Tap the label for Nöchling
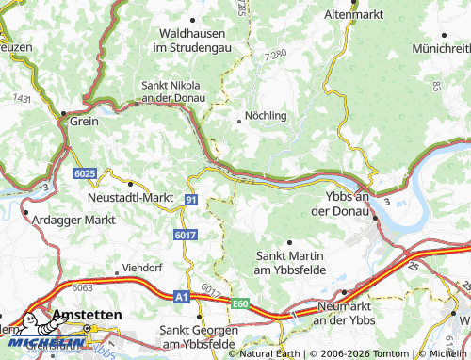265,116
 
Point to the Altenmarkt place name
355,16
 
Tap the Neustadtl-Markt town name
130,197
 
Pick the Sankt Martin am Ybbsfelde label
290,263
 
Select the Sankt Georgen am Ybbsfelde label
198,336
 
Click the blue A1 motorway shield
180,296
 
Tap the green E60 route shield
239,303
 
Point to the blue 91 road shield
191,200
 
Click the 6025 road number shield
84,174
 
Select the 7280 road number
276,56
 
